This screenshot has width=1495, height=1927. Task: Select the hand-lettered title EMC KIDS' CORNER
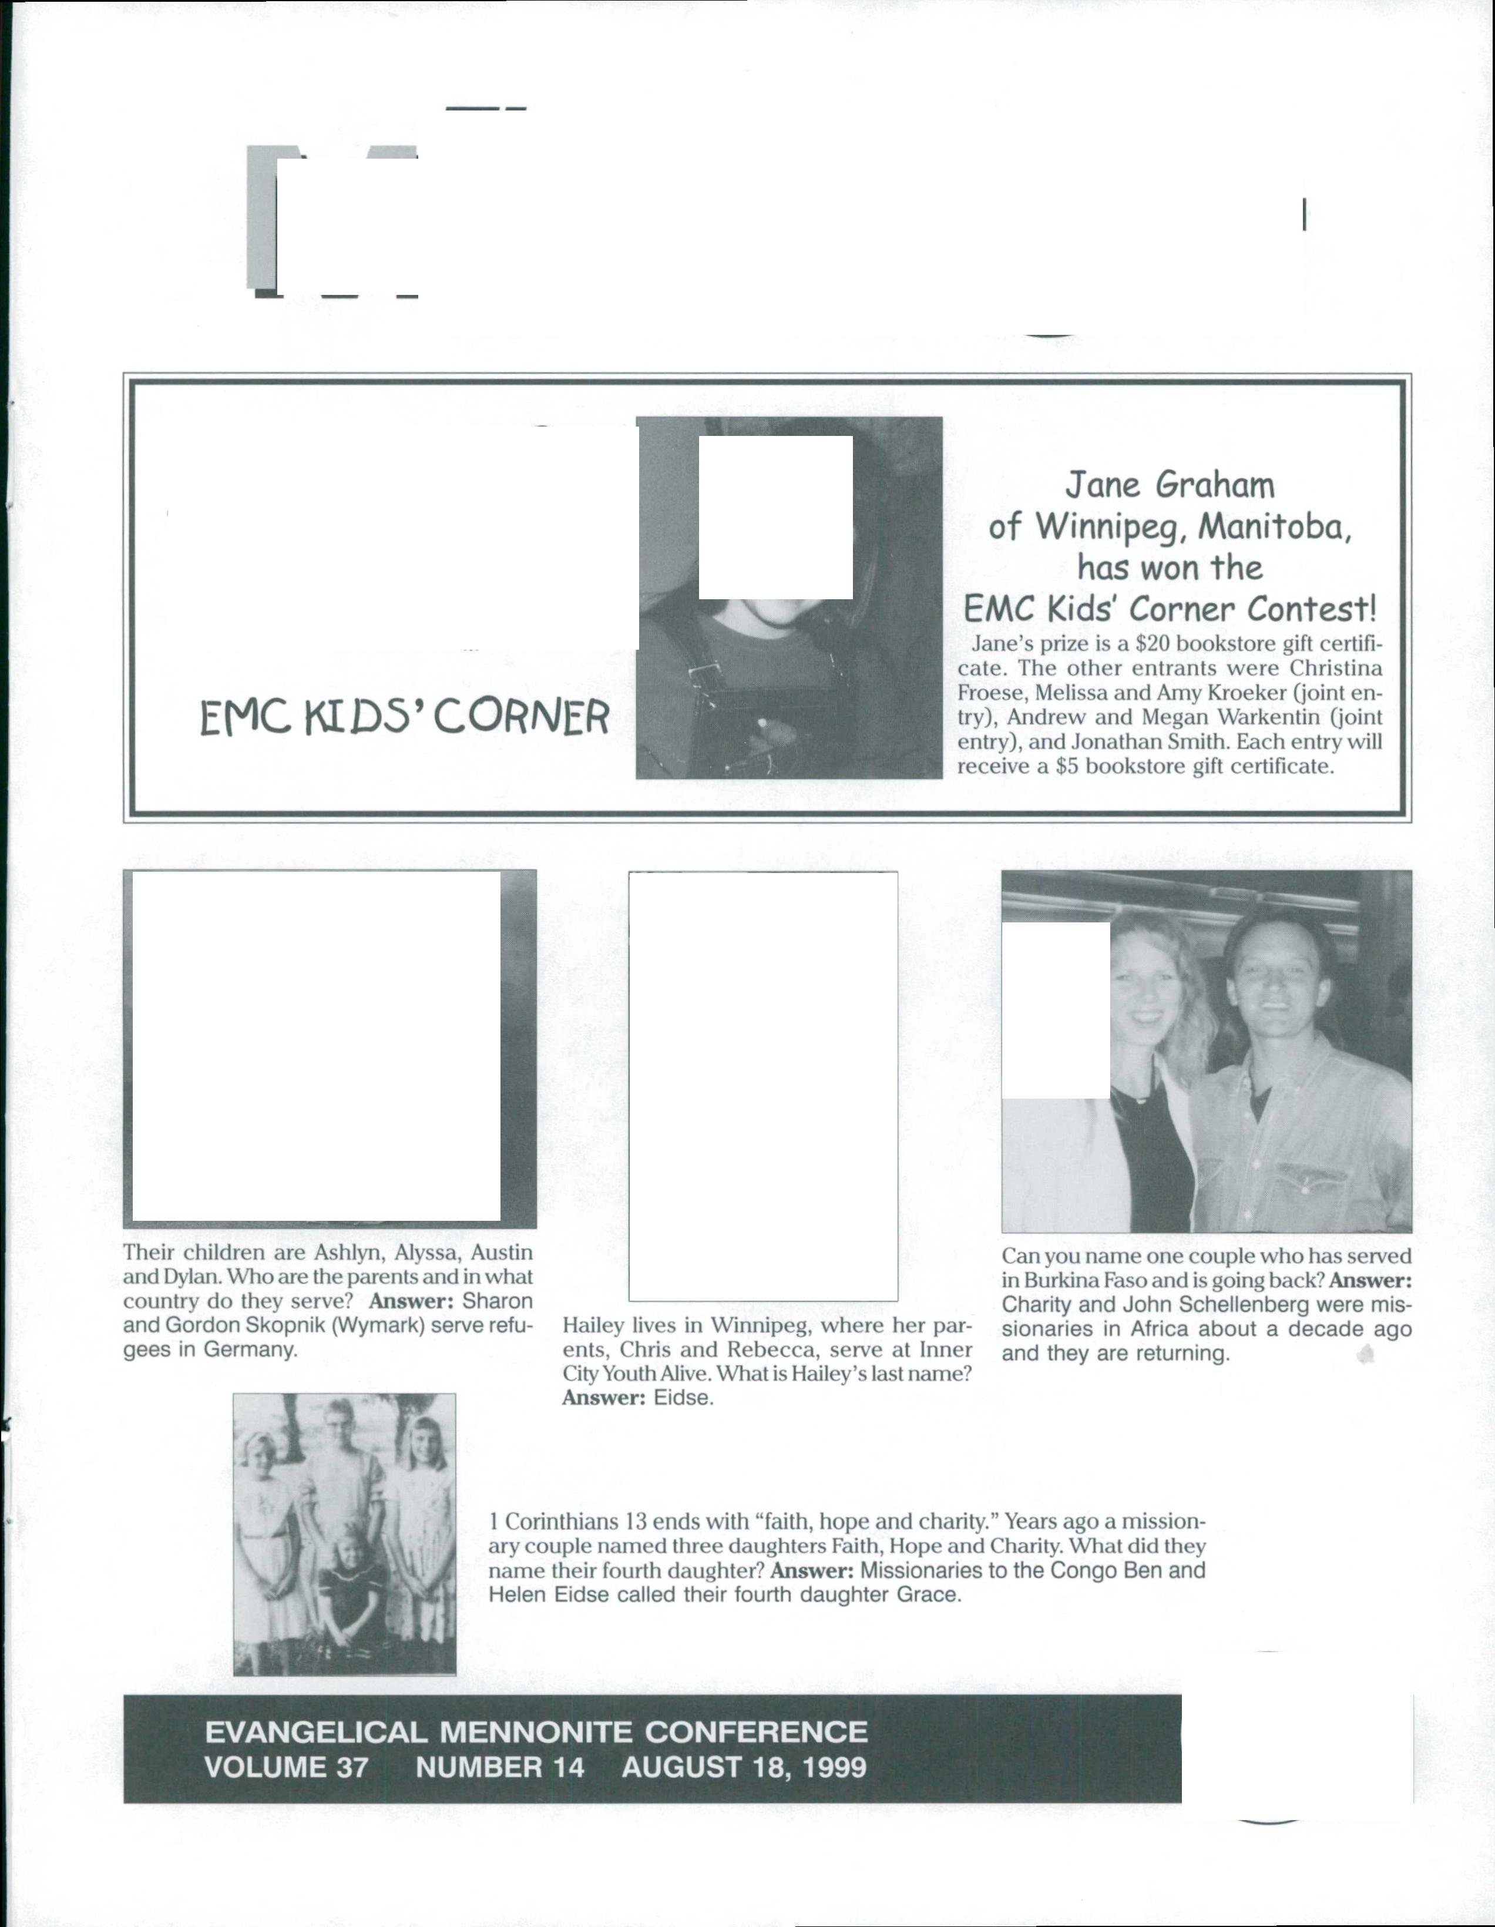tap(404, 717)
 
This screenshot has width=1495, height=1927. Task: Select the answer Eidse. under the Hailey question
tap(683, 1398)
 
